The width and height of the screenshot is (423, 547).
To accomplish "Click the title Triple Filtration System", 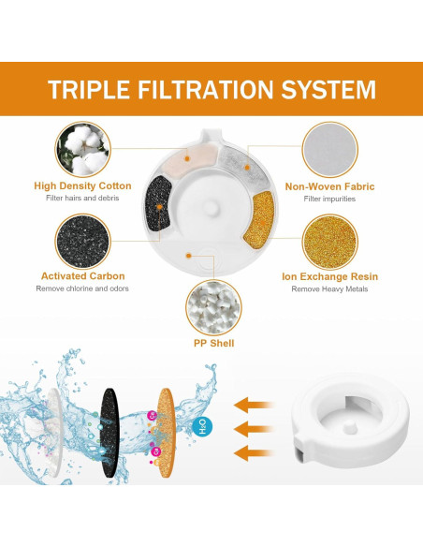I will click(211, 90).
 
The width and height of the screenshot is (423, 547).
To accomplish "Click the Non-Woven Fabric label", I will click(329, 186).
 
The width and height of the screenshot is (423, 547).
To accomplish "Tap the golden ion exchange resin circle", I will click(329, 240).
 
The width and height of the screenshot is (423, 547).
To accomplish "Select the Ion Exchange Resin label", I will click(329, 277).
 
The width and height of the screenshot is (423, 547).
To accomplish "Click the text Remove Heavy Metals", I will click(329, 288).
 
